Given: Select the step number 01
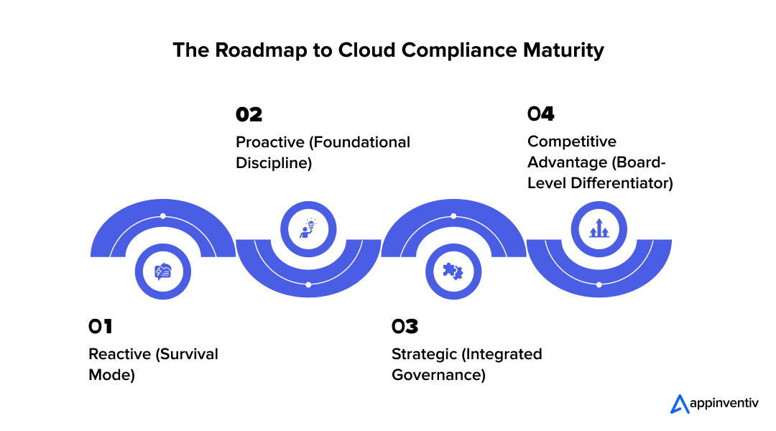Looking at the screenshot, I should coord(101,327).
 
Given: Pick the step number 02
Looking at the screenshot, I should coord(249,115).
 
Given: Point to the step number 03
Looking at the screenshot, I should coord(405,327).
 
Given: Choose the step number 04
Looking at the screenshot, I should coord(540,114).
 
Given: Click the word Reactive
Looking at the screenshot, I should coord(119,354).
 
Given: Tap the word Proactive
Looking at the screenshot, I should coord(269,142).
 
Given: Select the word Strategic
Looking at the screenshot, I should coord(424,354).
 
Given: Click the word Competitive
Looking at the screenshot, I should coord(572,142).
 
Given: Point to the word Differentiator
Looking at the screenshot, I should coord(622,183).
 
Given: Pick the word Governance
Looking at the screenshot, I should coord(438,375).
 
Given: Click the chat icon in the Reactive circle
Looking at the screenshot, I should coord(163,272).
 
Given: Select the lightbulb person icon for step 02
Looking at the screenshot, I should coord(308,229).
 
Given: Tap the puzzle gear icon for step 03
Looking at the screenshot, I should coord(453,272).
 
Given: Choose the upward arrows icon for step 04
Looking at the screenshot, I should coord(599,229).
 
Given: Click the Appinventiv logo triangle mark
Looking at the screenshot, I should coord(679,404).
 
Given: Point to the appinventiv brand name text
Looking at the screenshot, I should coord(724,404).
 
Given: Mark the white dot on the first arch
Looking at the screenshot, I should coord(163,216).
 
